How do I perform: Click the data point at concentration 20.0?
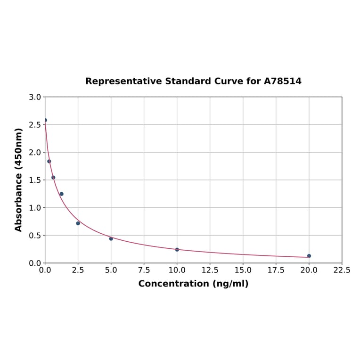click(x=309, y=256)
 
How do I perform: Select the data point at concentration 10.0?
click(x=177, y=249)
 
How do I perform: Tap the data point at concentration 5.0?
click(x=111, y=238)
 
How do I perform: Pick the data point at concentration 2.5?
click(x=78, y=223)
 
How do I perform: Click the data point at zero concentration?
click(x=45, y=120)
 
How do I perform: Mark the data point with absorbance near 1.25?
click(x=61, y=194)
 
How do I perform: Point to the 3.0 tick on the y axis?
click(x=35, y=97)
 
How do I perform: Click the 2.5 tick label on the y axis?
click(x=35, y=125)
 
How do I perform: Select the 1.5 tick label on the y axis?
click(x=35, y=180)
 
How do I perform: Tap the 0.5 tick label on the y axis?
click(x=35, y=235)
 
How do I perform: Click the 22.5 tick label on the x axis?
click(x=342, y=270)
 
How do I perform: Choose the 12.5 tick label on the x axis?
click(x=210, y=270)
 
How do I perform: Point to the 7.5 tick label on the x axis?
click(x=144, y=270)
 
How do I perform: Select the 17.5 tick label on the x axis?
click(x=276, y=270)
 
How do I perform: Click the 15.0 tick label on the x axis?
click(x=243, y=270)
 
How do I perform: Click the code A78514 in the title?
click(x=282, y=82)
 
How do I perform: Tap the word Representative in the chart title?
click(x=123, y=82)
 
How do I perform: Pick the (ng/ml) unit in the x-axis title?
click(x=231, y=284)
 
